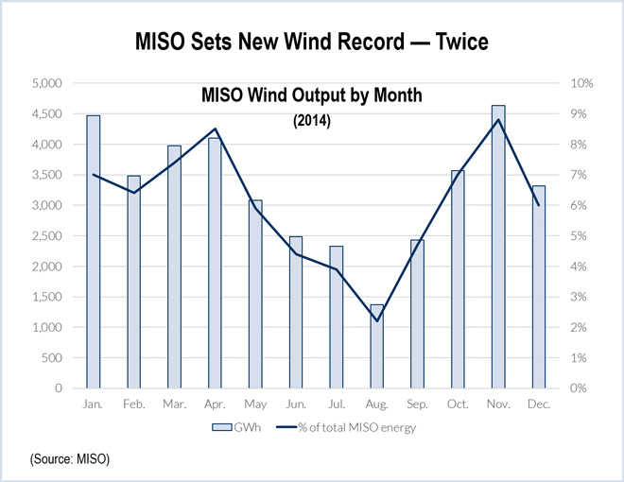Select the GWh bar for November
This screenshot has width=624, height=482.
pos(498,247)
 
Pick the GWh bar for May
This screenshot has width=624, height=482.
pos(255,294)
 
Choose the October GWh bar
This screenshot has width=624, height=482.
pos(458,279)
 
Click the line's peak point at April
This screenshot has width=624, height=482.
pos(216,129)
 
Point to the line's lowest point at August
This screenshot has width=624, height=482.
pos(377,320)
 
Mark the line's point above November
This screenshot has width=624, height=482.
pos(498,119)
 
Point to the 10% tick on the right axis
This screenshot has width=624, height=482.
pos(581,83)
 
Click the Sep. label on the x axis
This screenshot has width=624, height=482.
pos(417,404)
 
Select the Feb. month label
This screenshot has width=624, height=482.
pos(134,404)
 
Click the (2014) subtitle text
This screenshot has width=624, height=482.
pos(311,120)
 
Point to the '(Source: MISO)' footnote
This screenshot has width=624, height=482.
pos(70,459)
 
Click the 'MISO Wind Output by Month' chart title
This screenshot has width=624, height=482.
pos(311,96)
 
